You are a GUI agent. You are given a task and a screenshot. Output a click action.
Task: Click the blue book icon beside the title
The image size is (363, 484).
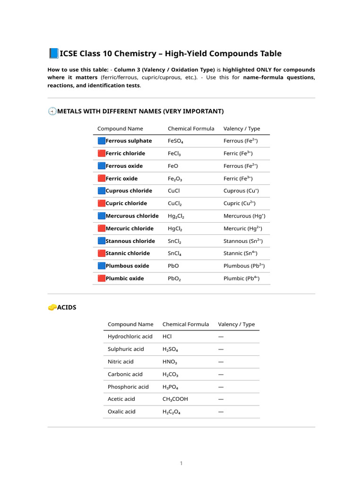(53, 53)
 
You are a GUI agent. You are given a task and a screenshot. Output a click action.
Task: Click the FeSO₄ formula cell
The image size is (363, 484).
(175, 141)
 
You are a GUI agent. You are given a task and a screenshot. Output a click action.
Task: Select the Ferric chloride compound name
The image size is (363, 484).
(125, 154)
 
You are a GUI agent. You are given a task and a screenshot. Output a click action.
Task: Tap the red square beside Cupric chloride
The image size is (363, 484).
(101, 203)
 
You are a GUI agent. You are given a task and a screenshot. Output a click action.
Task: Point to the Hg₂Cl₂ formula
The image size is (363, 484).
(176, 216)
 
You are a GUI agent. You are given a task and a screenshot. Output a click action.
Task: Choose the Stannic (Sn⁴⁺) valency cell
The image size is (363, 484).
(240, 253)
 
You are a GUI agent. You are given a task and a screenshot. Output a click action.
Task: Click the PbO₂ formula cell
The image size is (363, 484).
(174, 278)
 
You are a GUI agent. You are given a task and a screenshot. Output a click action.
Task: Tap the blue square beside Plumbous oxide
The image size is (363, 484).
(101, 266)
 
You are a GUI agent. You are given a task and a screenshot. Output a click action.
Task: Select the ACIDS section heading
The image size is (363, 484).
(67, 307)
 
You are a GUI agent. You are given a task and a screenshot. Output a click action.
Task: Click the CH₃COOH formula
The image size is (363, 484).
(175, 399)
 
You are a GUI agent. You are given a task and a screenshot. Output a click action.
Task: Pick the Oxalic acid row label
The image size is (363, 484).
(121, 412)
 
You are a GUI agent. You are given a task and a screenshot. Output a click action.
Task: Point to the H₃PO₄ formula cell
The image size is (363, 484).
(170, 387)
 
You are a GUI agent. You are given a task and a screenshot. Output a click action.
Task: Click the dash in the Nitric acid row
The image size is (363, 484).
(221, 362)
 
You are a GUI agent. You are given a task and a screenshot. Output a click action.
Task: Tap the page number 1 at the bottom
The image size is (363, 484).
(181, 463)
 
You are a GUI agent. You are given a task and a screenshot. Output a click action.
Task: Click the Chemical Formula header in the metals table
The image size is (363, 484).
(191, 129)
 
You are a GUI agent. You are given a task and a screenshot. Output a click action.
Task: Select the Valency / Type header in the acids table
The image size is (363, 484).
(236, 324)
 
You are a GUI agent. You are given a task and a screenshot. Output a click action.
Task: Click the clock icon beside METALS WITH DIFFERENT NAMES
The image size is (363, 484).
(52, 112)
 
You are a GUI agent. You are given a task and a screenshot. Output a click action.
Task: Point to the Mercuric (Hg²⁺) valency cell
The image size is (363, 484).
(242, 228)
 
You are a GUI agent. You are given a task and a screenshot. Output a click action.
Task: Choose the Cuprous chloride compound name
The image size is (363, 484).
(129, 191)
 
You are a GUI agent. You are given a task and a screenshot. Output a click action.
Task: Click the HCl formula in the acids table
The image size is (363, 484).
(167, 337)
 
